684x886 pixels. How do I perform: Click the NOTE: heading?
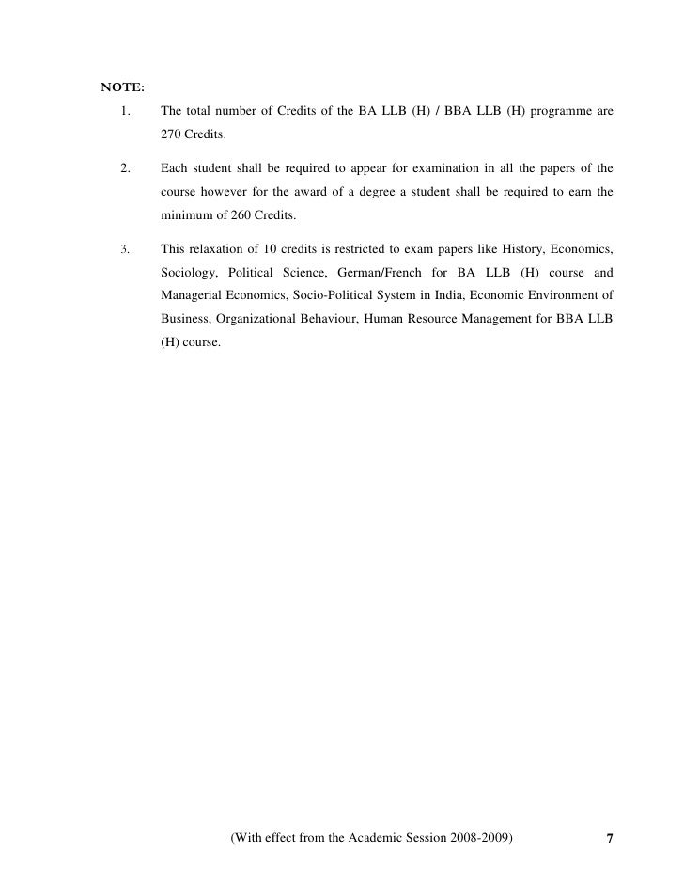click(122, 89)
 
